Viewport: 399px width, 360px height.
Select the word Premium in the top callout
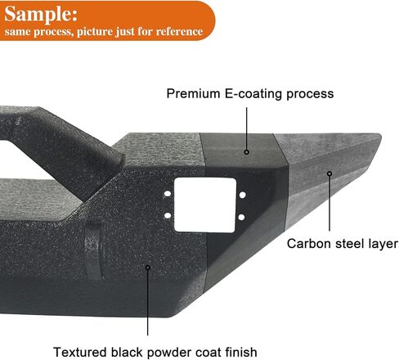pyautogui.click(x=193, y=93)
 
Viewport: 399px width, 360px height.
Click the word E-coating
pyautogui.click(x=253, y=94)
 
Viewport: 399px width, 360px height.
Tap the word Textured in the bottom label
pyautogui.click(x=79, y=352)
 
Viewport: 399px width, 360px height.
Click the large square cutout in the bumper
pyautogui.click(x=205, y=205)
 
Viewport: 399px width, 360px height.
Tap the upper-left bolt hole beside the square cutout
pyautogui.click(x=168, y=194)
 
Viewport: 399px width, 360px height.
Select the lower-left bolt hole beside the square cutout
pyautogui.click(x=168, y=216)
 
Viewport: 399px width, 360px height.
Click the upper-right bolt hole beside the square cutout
pyautogui.click(x=242, y=195)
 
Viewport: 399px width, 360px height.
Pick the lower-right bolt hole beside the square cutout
pyautogui.click(x=241, y=218)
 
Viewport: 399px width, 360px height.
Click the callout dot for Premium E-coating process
pyautogui.click(x=247, y=152)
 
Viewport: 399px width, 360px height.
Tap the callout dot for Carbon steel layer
pyautogui.click(x=330, y=173)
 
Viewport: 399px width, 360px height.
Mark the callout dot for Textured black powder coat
pyautogui.click(x=148, y=268)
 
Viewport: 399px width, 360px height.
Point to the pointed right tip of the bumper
pyautogui.click(x=379, y=136)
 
